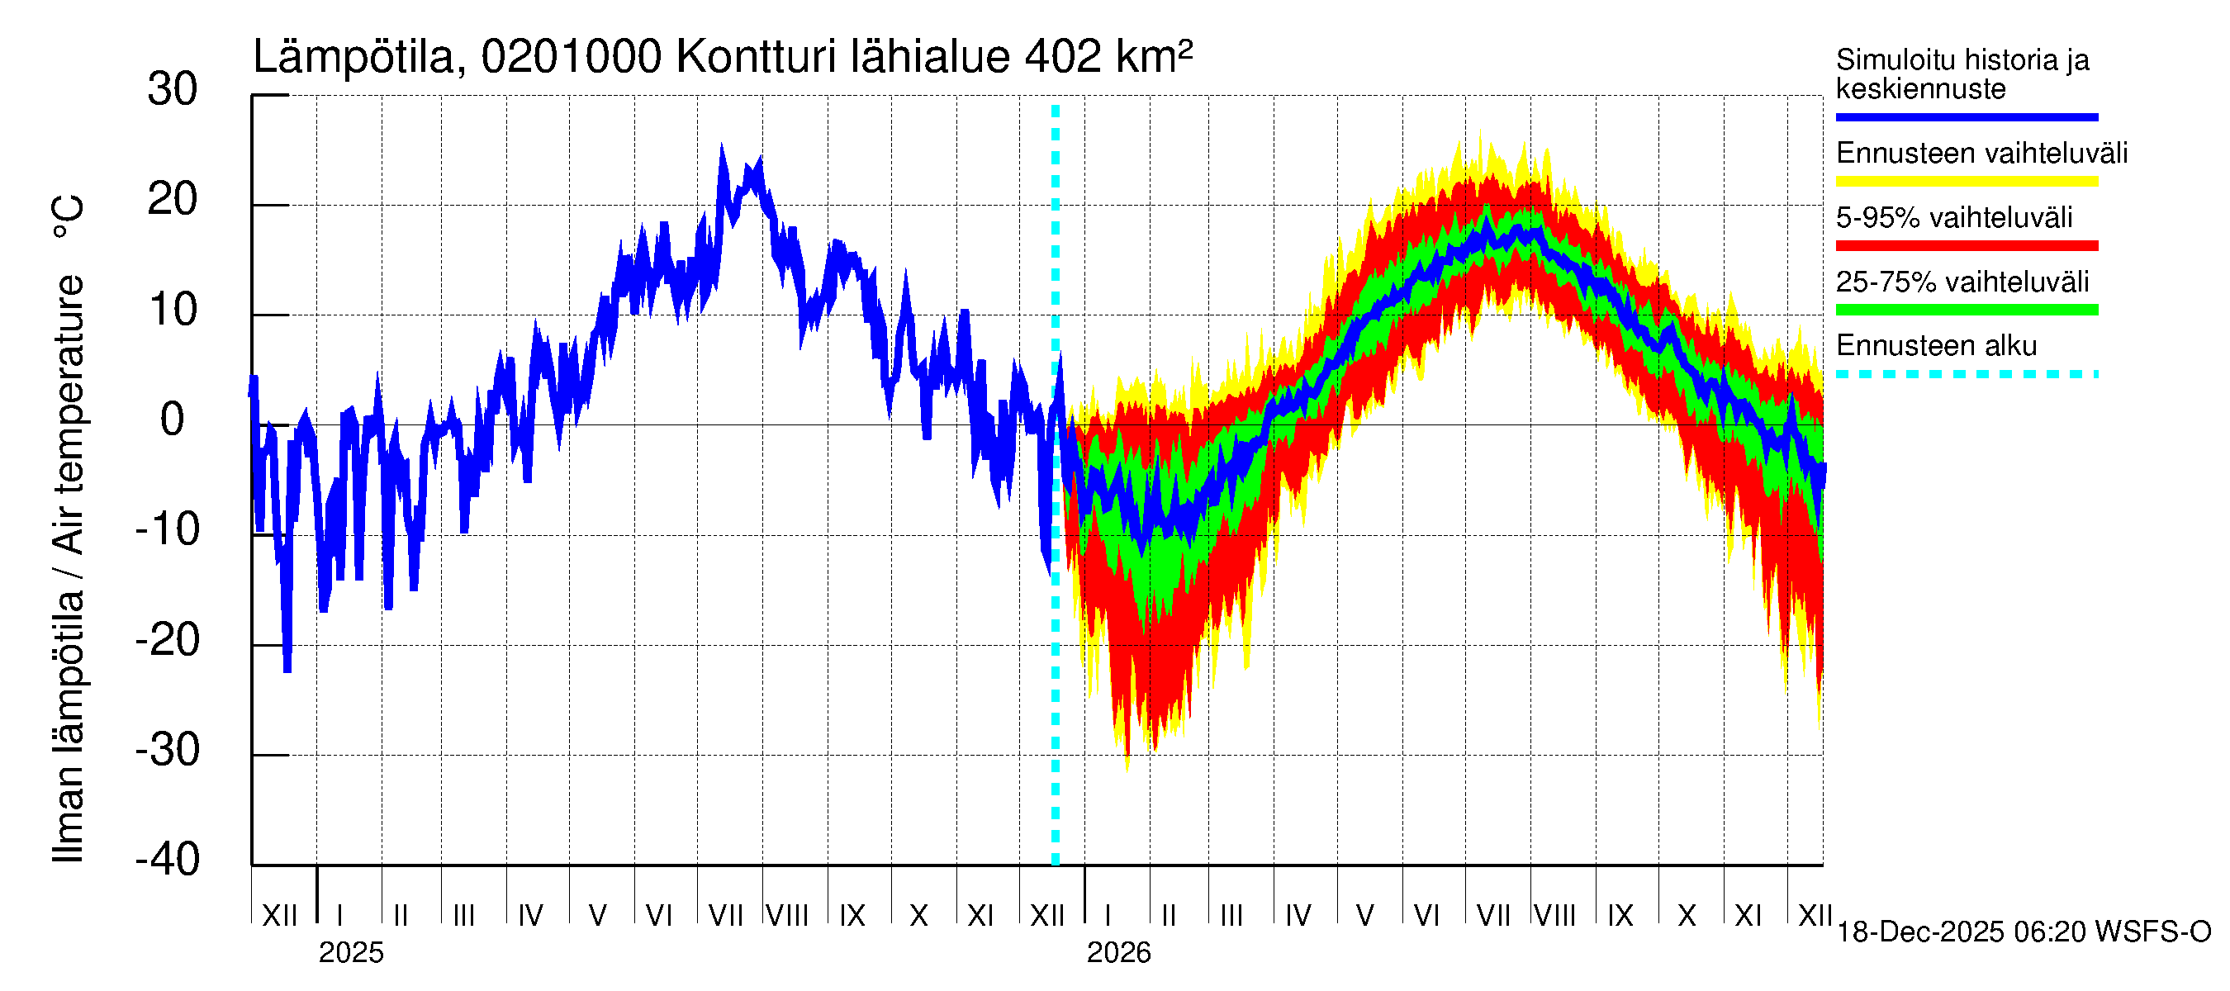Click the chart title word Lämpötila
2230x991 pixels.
353,57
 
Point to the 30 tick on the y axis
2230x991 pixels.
173,90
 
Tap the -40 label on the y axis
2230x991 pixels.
168,860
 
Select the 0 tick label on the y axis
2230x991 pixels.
173,420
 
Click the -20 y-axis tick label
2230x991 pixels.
168,641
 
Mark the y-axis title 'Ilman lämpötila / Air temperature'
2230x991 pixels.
69,528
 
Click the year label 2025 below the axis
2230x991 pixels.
350,953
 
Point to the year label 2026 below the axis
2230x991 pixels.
1118,953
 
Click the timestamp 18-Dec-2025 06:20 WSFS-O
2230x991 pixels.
2023,932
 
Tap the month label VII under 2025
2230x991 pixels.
725,916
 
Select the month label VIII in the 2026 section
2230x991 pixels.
1554,916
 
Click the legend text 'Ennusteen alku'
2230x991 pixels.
1937,346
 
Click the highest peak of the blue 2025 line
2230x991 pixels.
722,147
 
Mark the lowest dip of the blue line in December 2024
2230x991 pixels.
287,668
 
